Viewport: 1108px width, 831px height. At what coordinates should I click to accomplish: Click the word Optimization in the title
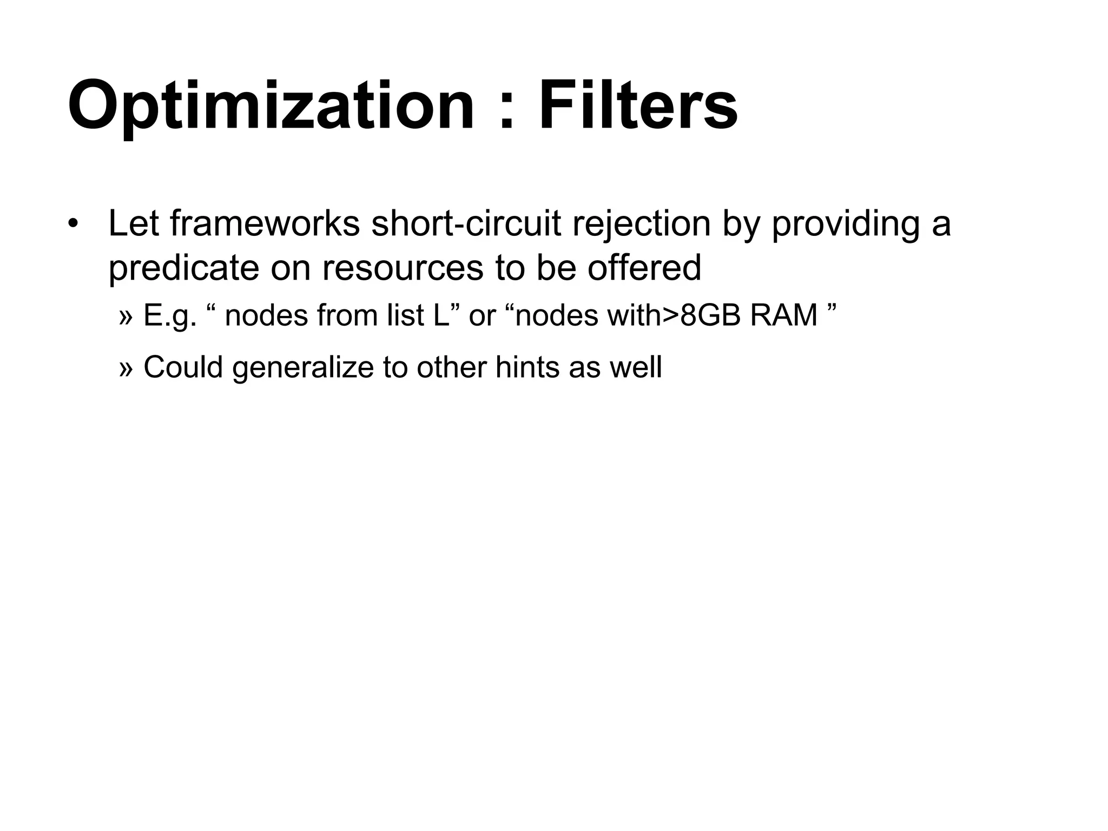pyautogui.click(x=271, y=106)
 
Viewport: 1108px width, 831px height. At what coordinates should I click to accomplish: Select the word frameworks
pyautogui.click(x=265, y=223)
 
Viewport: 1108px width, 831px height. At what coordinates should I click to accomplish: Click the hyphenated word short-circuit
pyautogui.click(x=466, y=223)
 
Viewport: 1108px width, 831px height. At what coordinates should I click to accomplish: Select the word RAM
pyautogui.click(x=784, y=315)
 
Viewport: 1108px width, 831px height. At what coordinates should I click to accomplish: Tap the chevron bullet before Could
pyautogui.click(x=125, y=368)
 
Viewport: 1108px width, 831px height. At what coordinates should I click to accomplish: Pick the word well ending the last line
pyautogui.click(x=636, y=367)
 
